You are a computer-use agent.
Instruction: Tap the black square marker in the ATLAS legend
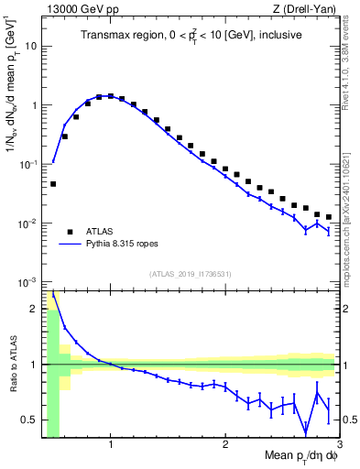click(67, 232)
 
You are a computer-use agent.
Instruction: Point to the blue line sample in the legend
click(67, 245)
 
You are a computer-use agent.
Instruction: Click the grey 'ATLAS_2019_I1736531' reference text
click(191, 274)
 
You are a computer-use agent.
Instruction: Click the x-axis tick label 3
click(339, 446)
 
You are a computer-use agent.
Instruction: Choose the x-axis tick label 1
click(111, 446)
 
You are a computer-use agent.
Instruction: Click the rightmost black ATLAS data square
click(329, 217)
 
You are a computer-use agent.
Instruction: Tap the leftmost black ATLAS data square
click(53, 184)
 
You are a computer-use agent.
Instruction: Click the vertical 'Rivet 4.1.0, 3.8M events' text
click(349, 69)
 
